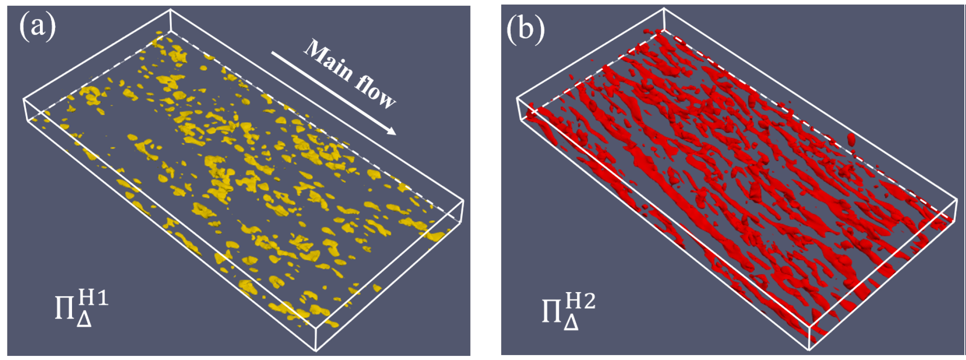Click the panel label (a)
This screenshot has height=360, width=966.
[37, 27]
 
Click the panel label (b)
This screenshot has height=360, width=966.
[525, 29]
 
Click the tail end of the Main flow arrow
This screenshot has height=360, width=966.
[272, 53]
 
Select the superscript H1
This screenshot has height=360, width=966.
[94, 297]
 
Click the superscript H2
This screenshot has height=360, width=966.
[580, 301]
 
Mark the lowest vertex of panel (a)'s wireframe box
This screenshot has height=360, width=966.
[316, 351]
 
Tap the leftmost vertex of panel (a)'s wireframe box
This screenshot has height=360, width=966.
[23, 99]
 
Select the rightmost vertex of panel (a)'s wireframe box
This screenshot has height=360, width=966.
[464, 201]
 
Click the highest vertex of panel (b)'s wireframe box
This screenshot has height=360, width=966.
[664, 9]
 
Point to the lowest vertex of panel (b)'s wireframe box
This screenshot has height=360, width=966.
[809, 350]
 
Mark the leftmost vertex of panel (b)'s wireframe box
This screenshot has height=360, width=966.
[517, 98]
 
